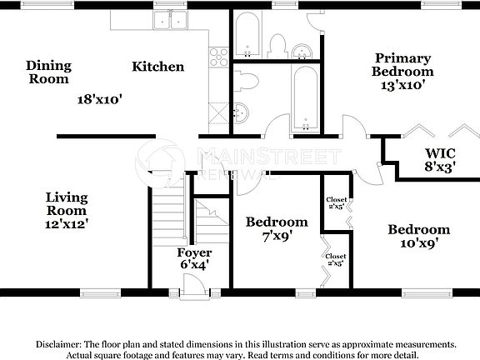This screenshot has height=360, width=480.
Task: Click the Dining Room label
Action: [49, 72]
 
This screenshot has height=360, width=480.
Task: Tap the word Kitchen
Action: [157, 67]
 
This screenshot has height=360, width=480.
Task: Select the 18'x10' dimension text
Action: [100, 98]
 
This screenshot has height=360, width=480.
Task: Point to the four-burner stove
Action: [219, 57]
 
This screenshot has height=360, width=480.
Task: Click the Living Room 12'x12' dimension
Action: [67, 222]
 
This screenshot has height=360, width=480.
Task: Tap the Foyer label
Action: [194, 252]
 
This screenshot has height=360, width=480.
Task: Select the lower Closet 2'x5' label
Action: [336, 260]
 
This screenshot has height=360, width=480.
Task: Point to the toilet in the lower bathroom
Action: [247, 82]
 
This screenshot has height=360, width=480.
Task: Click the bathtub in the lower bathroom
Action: [305, 100]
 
